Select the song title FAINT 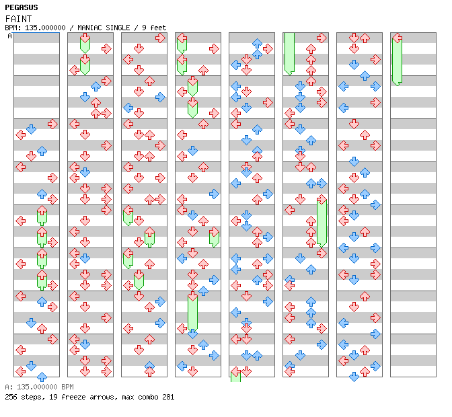18,18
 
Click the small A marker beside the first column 9,36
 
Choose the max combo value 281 167,397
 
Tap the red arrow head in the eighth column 397,38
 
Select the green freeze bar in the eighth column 397,62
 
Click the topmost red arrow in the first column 52,124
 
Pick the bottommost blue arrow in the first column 42,377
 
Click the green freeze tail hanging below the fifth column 235,376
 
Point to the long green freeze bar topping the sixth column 289,52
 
